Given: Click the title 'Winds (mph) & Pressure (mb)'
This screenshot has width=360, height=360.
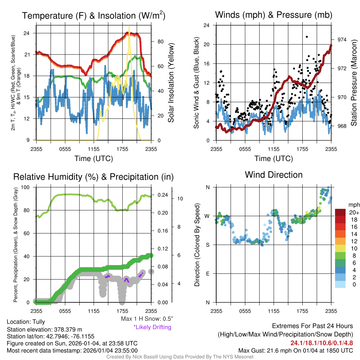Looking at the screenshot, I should (274, 15).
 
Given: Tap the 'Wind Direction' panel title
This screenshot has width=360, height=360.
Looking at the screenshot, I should (274, 175).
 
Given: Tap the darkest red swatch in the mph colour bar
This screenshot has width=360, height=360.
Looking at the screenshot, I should (340, 213).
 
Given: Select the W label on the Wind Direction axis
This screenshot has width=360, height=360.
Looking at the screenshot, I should (207, 216).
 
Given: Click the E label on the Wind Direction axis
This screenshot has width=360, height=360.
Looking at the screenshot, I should (208, 274).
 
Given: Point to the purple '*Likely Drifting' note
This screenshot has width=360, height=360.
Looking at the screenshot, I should (152, 327).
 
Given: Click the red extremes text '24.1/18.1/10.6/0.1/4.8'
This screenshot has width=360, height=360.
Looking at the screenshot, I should (321, 343).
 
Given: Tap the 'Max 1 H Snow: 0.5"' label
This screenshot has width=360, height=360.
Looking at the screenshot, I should (147, 319).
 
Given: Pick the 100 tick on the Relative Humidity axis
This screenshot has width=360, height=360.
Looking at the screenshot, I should (25, 187).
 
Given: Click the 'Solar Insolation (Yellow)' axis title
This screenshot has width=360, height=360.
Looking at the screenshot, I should (171, 83).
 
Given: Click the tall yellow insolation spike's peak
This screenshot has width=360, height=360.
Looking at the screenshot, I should (129, 27).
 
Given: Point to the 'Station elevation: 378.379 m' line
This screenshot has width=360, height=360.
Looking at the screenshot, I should (45, 329).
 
